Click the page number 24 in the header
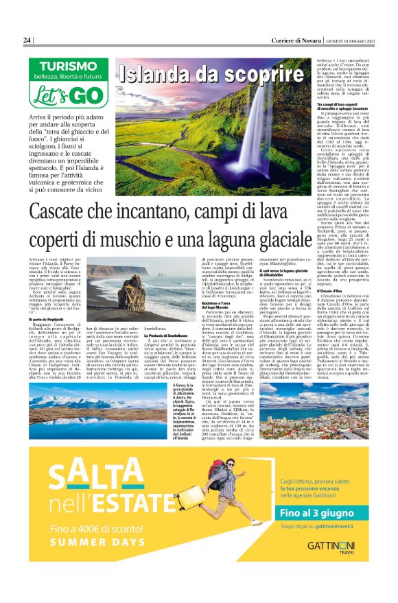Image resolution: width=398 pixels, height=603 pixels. click(x=27, y=40)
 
